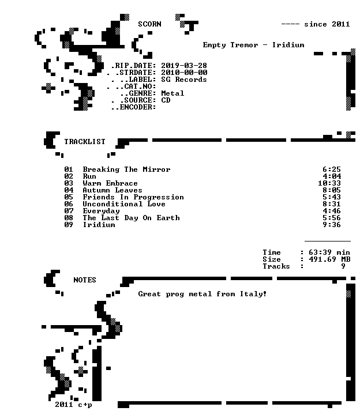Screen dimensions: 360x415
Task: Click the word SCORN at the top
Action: tap(149, 24)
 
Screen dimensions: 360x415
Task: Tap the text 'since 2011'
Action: tap(327, 24)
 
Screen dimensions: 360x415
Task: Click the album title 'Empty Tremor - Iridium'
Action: tap(253, 45)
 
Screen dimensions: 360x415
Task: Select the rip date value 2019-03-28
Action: tap(184, 65)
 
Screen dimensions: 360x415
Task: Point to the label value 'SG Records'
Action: tap(184, 80)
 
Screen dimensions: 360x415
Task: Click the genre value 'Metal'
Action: tap(172, 93)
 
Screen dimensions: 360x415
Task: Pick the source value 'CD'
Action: tap(166, 100)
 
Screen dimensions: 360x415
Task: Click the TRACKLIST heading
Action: tap(85, 142)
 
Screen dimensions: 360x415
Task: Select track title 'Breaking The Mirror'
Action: tap(126, 169)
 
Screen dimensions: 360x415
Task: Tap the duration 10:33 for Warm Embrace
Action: tap(329, 183)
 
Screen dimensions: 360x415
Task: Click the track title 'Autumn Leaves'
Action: tap(112, 190)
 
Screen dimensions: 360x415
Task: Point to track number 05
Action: tap(69, 197)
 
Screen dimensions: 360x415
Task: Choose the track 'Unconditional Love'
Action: tap(124, 204)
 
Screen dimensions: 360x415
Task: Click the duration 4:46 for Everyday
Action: tap(332, 211)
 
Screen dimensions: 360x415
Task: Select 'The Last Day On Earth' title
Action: tap(131, 218)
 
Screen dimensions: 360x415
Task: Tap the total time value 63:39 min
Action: tap(329, 252)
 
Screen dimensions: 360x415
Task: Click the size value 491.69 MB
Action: tap(329, 259)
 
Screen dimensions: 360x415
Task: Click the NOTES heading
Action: tap(85, 280)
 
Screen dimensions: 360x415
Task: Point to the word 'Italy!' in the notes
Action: tap(253, 294)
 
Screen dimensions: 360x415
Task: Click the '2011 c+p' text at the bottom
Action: tap(73, 405)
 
